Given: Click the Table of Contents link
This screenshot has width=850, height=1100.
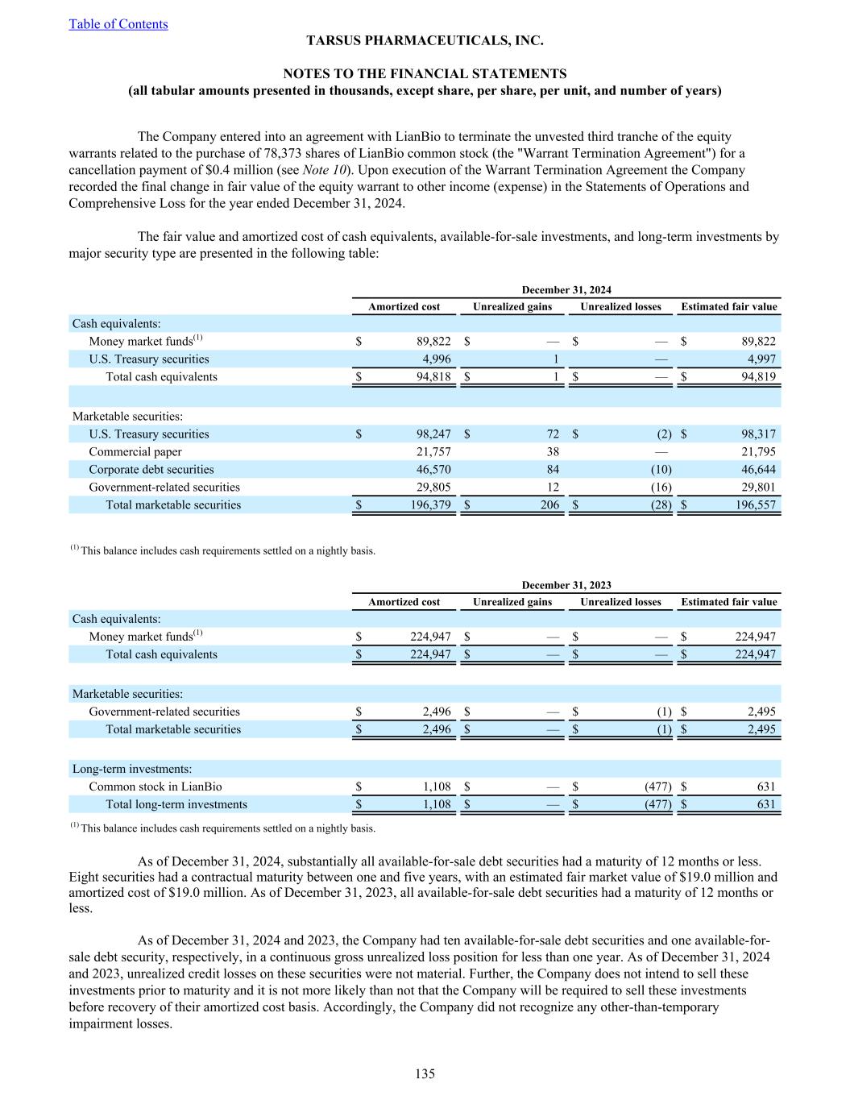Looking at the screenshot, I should (118, 24).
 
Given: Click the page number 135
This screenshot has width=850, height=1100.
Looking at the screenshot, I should (425, 1073).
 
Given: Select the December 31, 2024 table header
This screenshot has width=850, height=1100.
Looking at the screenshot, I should (566, 290).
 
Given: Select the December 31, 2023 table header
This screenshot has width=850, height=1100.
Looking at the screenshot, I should (566, 585).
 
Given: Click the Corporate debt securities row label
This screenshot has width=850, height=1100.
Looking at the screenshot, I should (151, 470).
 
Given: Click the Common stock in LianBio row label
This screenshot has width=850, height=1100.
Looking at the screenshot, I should (155, 787).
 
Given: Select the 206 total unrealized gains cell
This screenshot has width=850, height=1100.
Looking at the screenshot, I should (548, 505).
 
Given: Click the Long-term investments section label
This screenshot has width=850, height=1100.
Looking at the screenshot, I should (132, 769).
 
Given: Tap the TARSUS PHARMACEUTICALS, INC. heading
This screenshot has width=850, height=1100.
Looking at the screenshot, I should (425, 40).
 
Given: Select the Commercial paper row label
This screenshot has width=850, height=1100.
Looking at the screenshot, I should (135, 452).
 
